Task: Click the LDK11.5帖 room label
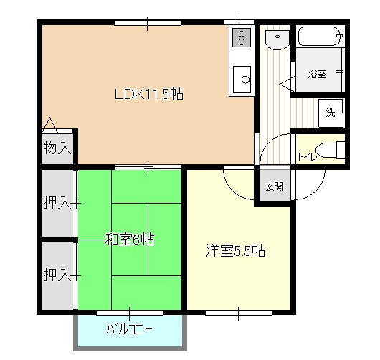149,94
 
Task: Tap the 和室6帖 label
130,240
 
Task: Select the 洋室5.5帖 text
236,251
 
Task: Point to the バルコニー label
129,329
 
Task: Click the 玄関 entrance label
275,186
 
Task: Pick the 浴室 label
317,74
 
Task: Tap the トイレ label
307,157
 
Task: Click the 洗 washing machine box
331,113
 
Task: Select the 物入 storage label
57,148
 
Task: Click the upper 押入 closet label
57,202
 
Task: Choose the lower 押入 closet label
57,275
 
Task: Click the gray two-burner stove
242,37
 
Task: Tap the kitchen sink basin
242,79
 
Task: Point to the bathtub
320,36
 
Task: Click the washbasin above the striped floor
277,39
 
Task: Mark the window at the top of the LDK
148,23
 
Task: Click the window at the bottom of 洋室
239,313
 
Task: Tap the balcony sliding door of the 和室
130,313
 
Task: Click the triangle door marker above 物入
50,125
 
